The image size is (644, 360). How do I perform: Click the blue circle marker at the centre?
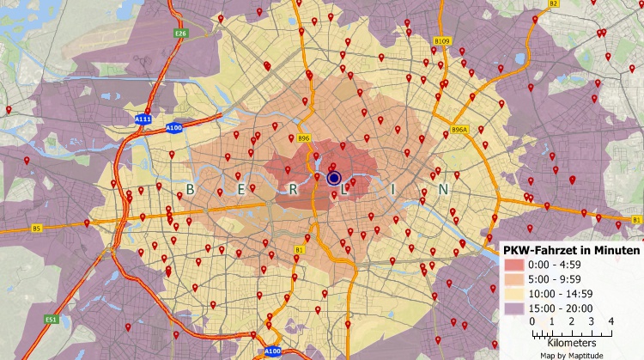coord(334,178)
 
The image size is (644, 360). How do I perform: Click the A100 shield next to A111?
coord(173,128)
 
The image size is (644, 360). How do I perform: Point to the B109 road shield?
coord(442,40)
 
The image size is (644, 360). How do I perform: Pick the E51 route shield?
coord(52,319)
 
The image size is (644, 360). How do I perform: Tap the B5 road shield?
coord(36,229)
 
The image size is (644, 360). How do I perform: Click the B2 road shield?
coord(554,3)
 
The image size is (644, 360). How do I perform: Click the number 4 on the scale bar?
coord(611,320)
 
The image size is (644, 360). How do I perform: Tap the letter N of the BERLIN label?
coord(443,189)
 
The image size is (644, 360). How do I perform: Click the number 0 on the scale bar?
coord(532,320)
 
